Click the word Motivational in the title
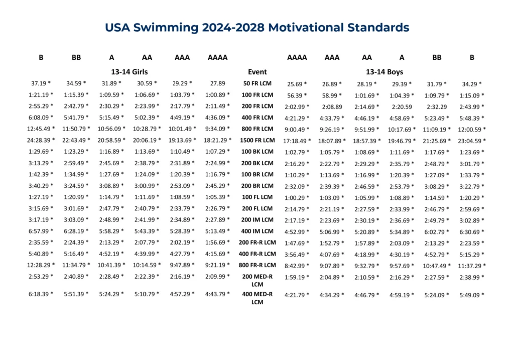click(x=299, y=28)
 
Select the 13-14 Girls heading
click(x=130, y=72)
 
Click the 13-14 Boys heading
click(x=384, y=72)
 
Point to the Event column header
click(x=258, y=72)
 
